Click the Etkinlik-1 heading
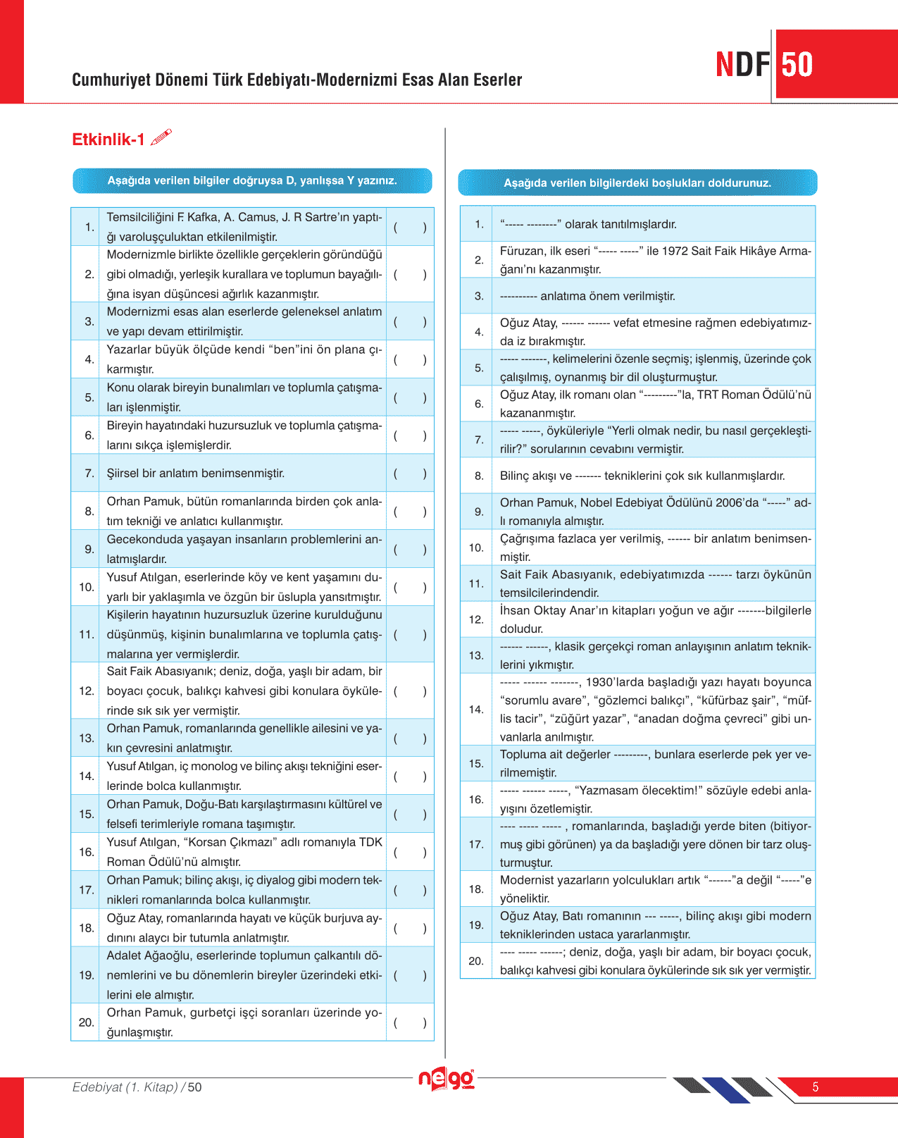108,140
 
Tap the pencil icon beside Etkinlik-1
161,137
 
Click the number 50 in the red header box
797,65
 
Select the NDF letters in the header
743,65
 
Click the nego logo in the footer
447,1079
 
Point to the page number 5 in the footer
816,1087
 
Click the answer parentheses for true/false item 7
410,474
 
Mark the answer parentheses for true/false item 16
410,852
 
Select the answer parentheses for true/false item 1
410,227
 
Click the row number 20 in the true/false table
86,1022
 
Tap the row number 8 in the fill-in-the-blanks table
479,476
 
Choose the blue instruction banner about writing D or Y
252,181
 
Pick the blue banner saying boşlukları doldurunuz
637,183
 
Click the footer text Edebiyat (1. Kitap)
125,1087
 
